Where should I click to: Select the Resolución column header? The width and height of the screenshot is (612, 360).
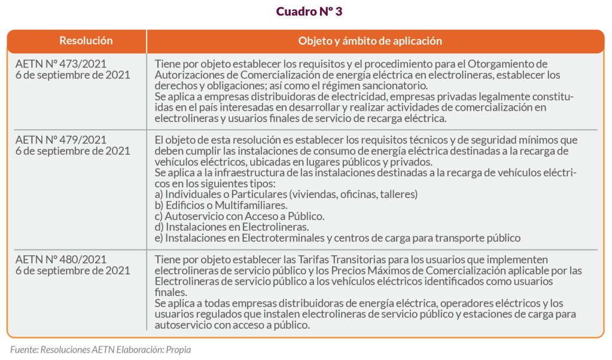(86, 41)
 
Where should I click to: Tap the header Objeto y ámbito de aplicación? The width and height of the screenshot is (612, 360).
(370, 41)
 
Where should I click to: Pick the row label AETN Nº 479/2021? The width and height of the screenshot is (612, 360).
(61, 140)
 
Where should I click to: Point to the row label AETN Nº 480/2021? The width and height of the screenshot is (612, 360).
(61, 260)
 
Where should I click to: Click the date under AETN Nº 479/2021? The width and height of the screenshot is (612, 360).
(72, 151)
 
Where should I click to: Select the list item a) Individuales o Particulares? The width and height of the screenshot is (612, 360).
(286, 194)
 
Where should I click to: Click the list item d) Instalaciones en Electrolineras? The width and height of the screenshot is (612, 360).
(232, 227)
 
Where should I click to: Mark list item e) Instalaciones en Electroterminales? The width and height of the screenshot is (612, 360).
(337, 238)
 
